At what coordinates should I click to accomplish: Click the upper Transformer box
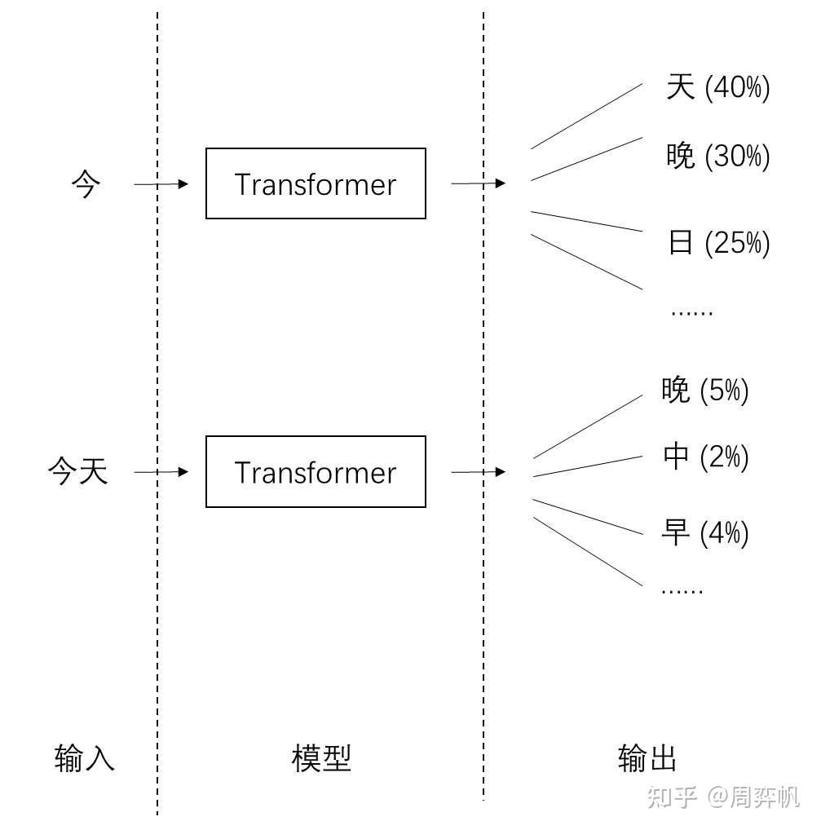[x=316, y=183]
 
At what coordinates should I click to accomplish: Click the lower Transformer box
[x=316, y=472]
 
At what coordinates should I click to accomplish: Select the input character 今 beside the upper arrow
[x=86, y=185]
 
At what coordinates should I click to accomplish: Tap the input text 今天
[x=77, y=472]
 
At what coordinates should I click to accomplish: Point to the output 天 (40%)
[x=717, y=87]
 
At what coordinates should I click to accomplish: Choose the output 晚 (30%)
[x=717, y=156]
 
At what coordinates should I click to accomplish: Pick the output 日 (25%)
[x=717, y=242]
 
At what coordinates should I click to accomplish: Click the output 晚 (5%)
[x=704, y=391]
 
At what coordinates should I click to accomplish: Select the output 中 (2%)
[x=704, y=457]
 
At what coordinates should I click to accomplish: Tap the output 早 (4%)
[x=704, y=533]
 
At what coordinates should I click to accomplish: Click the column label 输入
[x=85, y=758]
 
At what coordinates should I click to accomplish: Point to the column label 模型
[x=321, y=758]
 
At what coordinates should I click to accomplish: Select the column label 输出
[x=647, y=758]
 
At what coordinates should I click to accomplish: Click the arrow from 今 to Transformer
[x=161, y=184]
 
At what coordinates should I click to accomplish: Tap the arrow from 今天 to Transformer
[x=161, y=472]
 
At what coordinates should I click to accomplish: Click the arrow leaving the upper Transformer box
[x=478, y=183]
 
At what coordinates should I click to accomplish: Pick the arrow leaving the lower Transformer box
[x=478, y=472]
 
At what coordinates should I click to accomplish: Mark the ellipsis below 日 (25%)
[x=691, y=312]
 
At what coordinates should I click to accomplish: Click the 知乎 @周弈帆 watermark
[x=723, y=797]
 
